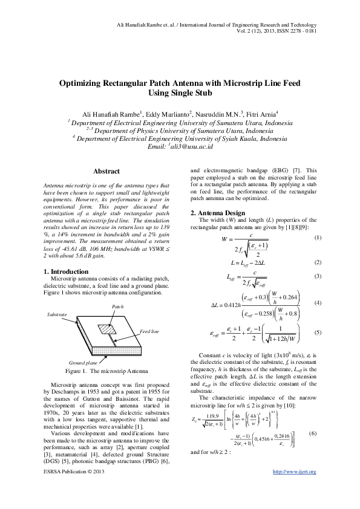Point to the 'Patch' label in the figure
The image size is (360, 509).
[118, 307]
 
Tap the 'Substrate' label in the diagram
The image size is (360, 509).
[57, 316]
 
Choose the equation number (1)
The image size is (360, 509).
[318, 238]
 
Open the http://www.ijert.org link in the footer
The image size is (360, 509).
[295, 488]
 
